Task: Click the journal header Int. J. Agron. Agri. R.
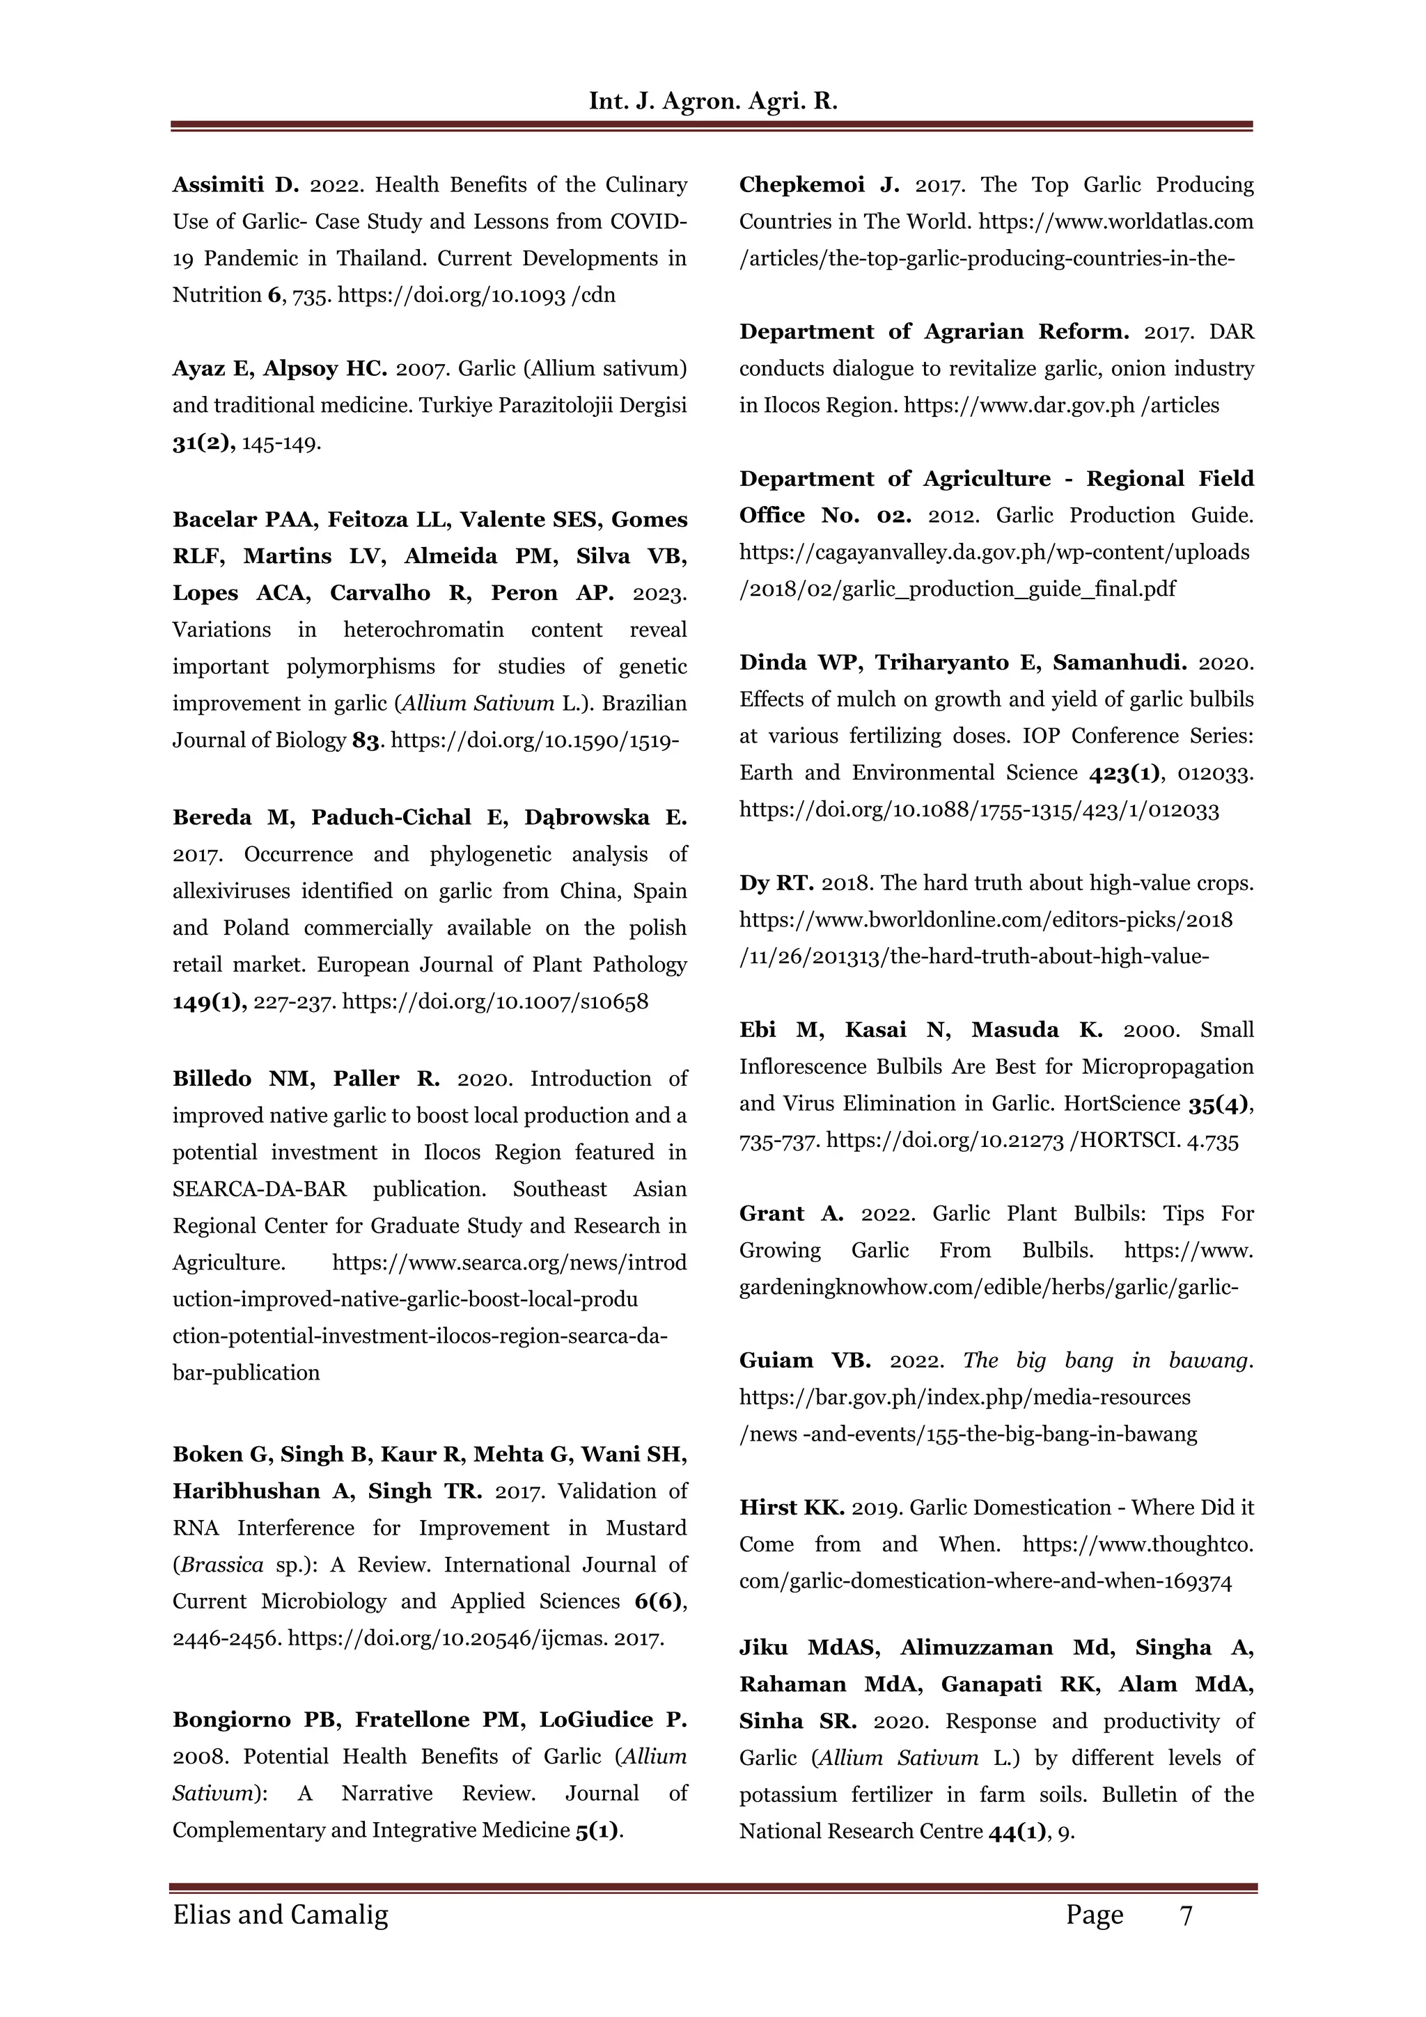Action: [x=712, y=101]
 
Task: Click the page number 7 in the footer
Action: [x=1185, y=1915]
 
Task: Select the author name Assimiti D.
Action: [x=235, y=184]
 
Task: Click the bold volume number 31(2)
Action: [x=203, y=443]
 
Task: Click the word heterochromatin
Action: [x=423, y=630]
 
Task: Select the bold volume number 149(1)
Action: [x=209, y=1002]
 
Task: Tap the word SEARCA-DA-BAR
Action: [x=259, y=1189]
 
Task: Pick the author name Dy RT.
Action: [x=776, y=883]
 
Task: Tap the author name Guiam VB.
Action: [x=805, y=1361]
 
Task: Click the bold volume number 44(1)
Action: [x=1018, y=1832]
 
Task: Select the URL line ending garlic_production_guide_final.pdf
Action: [x=957, y=589]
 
